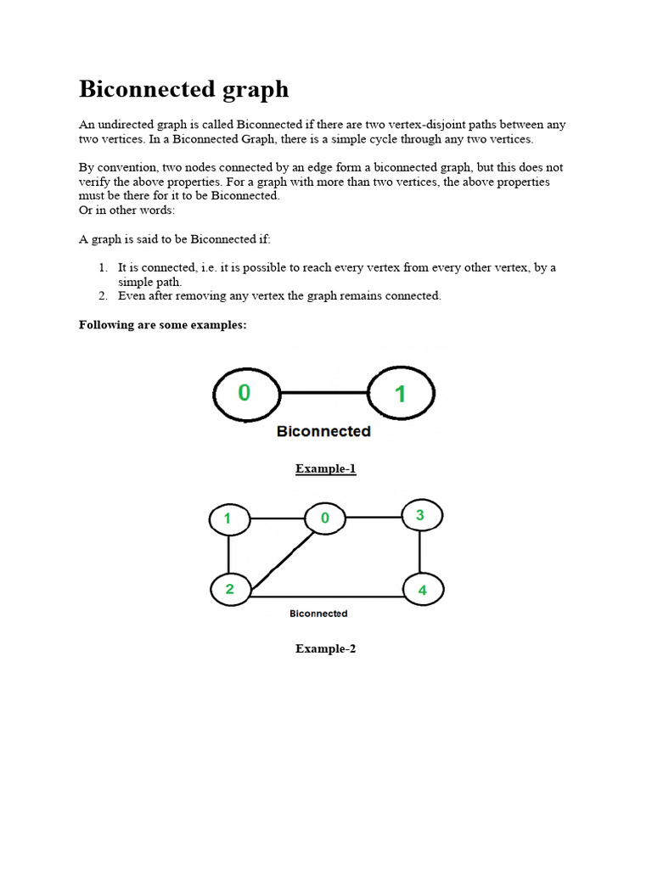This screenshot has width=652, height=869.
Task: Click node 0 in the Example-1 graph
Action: [244, 392]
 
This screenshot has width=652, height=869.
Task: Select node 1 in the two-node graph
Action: [401, 393]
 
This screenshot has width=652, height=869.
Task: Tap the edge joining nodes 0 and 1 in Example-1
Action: [324, 393]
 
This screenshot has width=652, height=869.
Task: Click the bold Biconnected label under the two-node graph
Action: [323, 431]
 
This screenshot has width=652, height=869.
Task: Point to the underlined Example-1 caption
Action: [325, 468]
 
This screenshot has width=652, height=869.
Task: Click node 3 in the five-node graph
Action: [420, 515]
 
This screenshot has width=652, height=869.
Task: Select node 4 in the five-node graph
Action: [422, 590]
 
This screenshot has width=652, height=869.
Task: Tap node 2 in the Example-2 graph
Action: [229, 589]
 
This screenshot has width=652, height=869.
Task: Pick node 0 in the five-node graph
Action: [325, 518]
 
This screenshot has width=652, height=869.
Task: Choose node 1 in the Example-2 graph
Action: [228, 519]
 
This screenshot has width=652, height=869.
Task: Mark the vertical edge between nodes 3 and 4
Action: [420, 552]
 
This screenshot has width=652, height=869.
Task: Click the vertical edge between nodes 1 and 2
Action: [228, 554]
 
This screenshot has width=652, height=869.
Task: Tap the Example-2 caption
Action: [325, 648]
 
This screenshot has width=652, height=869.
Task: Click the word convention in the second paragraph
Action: [124, 168]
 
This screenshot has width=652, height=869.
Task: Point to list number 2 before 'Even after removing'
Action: [104, 296]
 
